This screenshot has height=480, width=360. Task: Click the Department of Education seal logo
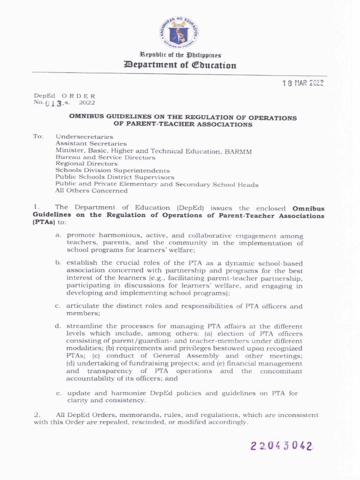click(x=178, y=32)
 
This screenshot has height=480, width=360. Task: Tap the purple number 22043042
click(x=281, y=446)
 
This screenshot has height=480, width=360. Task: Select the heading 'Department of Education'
click(x=180, y=65)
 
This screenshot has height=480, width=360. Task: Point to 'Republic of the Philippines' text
click(x=180, y=55)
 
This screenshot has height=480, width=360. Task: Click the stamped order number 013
click(x=54, y=103)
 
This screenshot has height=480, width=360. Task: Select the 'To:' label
click(x=38, y=136)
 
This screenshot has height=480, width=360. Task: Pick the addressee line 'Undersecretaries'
click(x=84, y=136)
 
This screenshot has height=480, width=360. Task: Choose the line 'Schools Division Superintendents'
click(x=112, y=171)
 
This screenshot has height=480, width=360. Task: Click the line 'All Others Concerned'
click(x=91, y=191)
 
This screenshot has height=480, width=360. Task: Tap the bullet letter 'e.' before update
click(x=58, y=393)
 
